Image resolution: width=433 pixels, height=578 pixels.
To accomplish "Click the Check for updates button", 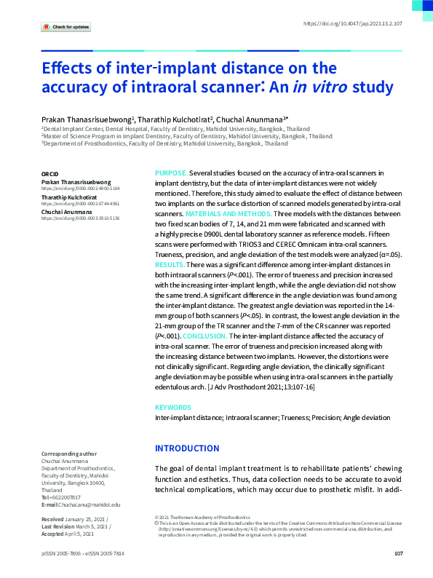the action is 66,27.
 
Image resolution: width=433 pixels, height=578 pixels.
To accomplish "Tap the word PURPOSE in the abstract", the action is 171,173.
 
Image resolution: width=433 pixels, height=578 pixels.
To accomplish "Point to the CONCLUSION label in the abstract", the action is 206,336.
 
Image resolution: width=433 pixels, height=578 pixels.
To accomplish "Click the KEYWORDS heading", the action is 173,408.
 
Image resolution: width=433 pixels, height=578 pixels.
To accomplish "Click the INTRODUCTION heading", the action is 187,448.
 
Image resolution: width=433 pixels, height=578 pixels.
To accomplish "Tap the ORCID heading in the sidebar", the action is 51,174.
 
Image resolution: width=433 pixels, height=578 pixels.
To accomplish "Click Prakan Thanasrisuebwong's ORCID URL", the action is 80,188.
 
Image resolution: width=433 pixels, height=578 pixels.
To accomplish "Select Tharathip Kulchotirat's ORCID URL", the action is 80,203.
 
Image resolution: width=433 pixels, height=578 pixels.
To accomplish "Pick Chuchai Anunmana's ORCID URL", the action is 80,218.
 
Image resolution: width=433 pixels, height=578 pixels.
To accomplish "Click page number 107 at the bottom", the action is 398,554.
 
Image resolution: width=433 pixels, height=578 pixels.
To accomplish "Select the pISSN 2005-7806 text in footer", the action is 62,554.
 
